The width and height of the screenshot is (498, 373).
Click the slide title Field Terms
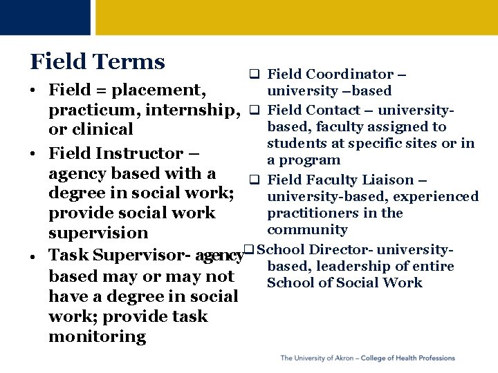pyautogui.click(x=98, y=62)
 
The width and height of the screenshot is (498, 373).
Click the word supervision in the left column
pyautogui.click(x=98, y=233)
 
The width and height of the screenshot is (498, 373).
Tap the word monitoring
pyautogui.click(x=98, y=336)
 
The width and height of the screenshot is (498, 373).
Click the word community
pyautogui.click(x=307, y=229)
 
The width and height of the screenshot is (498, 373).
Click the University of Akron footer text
pyautogui.click(x=367, y=358)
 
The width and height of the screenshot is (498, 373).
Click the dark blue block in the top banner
pyautogui.click(x=45, y=17)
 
